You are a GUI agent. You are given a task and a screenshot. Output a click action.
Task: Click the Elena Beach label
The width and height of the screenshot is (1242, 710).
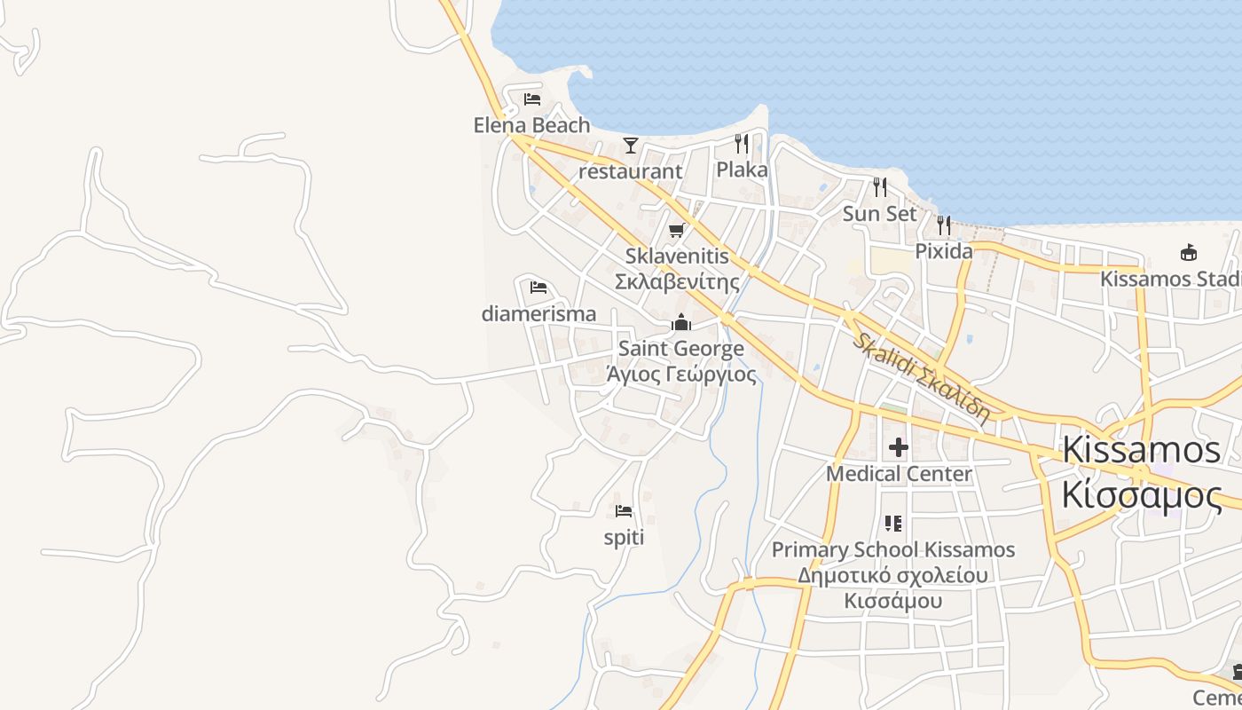(531, 125)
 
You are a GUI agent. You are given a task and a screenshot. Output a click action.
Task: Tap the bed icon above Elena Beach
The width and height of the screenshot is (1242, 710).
(532, 99)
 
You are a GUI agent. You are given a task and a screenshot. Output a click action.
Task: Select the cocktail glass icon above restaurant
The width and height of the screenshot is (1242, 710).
(631, 145)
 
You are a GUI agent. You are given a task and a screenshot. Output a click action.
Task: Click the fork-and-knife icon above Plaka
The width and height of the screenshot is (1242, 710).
(742, 143)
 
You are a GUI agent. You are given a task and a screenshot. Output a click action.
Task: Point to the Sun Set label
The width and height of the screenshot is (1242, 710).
(879, 214)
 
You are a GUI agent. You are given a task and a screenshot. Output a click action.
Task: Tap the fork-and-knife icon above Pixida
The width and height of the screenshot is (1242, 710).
(944, 225)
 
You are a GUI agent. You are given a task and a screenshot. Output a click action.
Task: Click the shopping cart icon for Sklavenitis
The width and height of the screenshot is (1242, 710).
(677, 231)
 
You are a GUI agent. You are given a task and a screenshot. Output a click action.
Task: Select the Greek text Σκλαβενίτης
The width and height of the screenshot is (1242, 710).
(678, 282)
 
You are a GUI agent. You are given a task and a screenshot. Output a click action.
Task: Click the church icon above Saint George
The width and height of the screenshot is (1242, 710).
(681, 322)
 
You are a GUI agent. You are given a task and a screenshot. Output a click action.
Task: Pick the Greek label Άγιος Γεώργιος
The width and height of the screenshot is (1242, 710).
(681, 375)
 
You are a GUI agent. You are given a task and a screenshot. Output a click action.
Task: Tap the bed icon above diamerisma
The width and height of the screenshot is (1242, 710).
(538, 288)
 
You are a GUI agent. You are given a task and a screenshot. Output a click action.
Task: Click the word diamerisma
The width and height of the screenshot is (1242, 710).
(538, 314)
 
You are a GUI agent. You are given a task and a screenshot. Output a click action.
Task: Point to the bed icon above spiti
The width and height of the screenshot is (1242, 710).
(624, 511)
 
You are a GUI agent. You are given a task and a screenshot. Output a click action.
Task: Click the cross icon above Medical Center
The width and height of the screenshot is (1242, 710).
(899, 446)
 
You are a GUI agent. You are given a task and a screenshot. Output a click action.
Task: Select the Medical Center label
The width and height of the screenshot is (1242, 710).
(899, 474)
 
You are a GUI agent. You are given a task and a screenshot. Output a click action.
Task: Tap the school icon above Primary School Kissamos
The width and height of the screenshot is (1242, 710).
(893, 524)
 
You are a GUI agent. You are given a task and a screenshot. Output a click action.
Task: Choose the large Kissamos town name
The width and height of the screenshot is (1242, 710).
(1141, 450)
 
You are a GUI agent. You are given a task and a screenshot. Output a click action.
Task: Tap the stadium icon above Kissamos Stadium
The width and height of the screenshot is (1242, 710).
(1188, 253)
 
